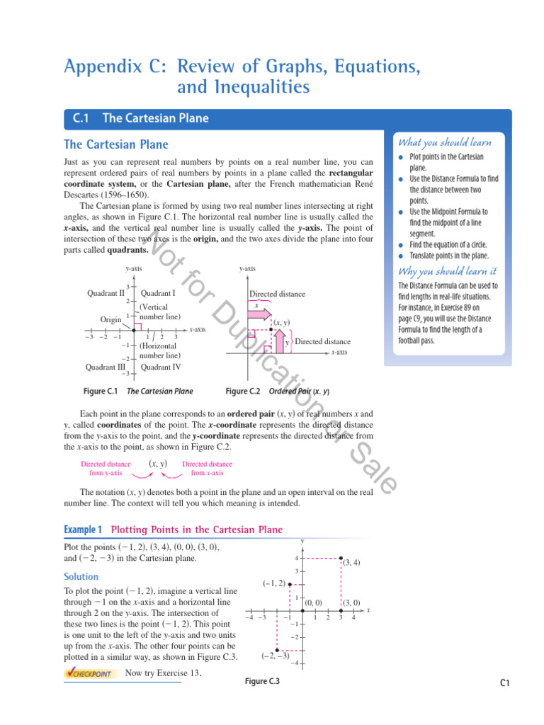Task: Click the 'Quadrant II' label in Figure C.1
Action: click(x=106, y=292)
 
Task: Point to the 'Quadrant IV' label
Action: click(x=161, y=367)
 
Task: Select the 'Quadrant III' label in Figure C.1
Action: click(x=106, y=367)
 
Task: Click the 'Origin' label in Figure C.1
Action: click(x=110, y=319)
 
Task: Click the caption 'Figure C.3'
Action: click(x=261, y=681)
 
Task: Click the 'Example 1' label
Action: click(x=83, y=530)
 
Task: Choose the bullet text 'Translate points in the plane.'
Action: click(x=453, y=256)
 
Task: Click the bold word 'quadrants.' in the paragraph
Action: click(x=127, y=250)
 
